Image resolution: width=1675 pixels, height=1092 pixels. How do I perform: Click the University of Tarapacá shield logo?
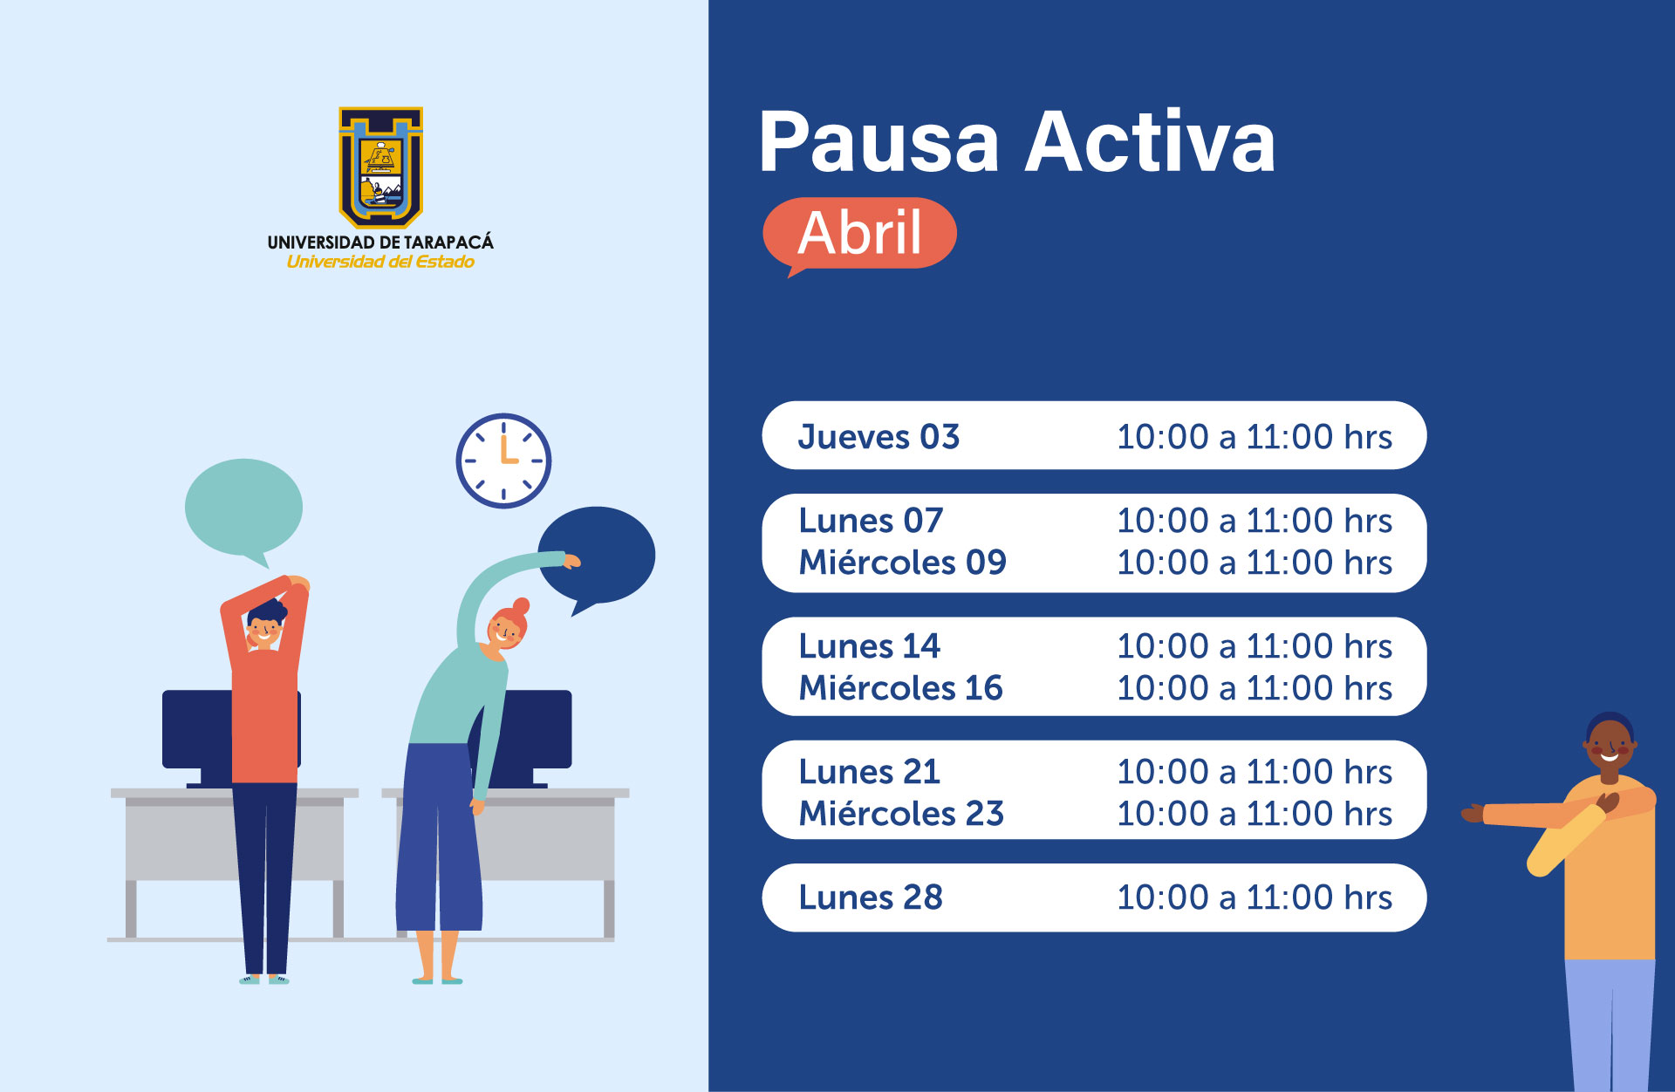[x=380, y=167]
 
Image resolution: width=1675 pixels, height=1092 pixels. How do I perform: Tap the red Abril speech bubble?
[x=859, y=234]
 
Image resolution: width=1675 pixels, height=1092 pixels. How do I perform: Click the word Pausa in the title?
[x=879, y=142]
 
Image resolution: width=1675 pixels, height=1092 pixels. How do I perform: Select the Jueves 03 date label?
[x=879, y=437]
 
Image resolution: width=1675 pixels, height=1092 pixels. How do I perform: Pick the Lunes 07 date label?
[x=871, y=521]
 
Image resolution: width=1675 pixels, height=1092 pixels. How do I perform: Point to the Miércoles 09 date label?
[x=903, y=563]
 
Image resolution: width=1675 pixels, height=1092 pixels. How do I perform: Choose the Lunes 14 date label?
[x=870, y=646]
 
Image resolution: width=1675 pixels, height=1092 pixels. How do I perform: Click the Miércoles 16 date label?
[x=901, y=688]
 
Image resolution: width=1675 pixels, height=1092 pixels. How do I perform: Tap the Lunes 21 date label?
[x=870, y=772]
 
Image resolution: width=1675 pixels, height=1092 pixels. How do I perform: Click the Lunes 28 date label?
[x=871, y=897]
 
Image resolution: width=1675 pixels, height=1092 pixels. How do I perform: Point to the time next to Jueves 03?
[x=1255, y=437]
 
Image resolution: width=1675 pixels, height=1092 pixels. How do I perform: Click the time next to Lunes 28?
[x=1255, y=897]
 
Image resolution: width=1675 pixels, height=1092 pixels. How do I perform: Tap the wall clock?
[x=503, y=461]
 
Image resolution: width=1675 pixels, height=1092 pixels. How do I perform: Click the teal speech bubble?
[x=243, y=510]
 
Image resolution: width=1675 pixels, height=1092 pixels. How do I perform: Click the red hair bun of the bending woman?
[x=521, y=605]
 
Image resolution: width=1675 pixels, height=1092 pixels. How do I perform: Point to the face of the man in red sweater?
[x=263, y=630]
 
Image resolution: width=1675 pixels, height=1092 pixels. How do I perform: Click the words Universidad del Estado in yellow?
[x=380, y=262]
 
